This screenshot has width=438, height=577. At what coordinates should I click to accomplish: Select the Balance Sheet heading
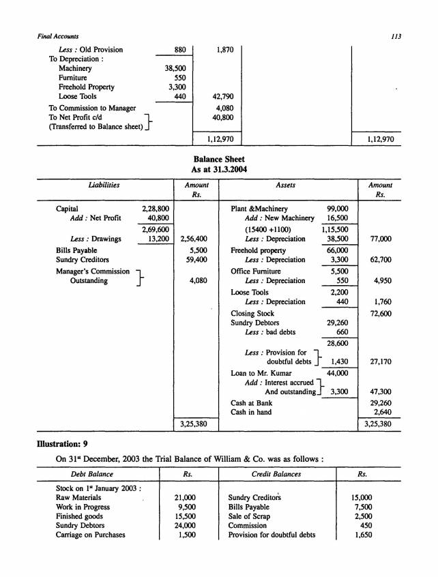point(218,159)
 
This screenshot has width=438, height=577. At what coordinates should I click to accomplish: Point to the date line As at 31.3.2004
point(218,170)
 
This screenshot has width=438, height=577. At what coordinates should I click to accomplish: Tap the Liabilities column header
point(101,185)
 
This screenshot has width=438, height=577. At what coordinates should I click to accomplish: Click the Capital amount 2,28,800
point(156,209)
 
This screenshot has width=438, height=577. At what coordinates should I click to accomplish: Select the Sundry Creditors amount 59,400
point(196,260)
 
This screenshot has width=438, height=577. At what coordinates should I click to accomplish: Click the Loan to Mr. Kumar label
point(261,373)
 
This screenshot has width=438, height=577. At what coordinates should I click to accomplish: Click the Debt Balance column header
point(92,473)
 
